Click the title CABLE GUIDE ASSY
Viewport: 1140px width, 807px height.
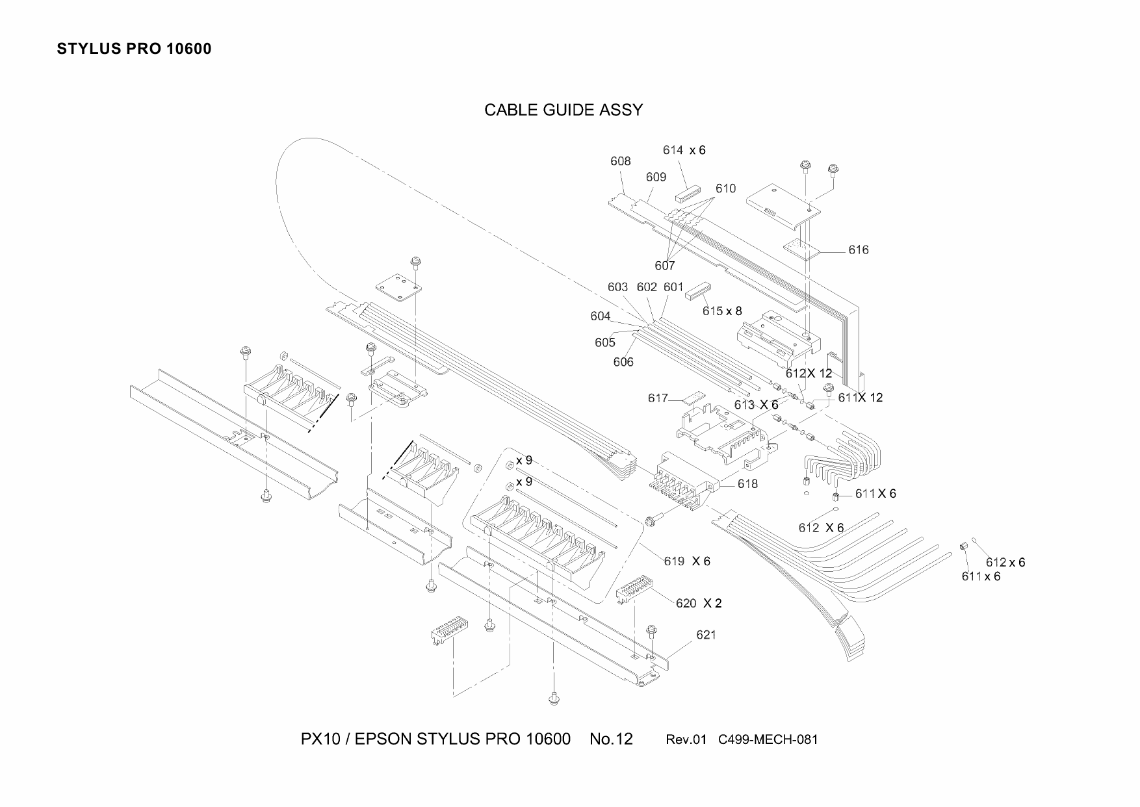[x=564, y=110]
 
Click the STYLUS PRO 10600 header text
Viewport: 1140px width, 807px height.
[x=134, y=49]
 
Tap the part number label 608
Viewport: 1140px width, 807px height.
[x=620, y=161]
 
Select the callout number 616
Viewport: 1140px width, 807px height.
[x=858, y=250]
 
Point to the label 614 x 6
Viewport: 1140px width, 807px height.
[x=684, y=150]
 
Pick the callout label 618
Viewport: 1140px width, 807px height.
[x=747, y=484]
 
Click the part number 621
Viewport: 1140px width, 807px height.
[x=706, y=635]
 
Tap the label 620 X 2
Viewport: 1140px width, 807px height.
[x=699, y=604]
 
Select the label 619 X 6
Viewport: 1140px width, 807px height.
[x=687, y=561]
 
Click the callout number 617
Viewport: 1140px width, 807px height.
[x=658, y=398]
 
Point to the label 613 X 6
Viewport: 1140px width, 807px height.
[x=756, y=405]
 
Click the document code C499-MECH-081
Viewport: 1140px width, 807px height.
[x=768, y=739]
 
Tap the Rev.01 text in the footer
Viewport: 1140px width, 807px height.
[x=686, y=739]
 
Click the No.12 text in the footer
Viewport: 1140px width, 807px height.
[x=611, y=739]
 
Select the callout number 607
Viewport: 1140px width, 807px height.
[x=664, y=265]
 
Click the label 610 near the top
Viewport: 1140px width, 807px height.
[x=725, y=188]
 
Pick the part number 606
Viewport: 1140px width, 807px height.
[x=623, y=362]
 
